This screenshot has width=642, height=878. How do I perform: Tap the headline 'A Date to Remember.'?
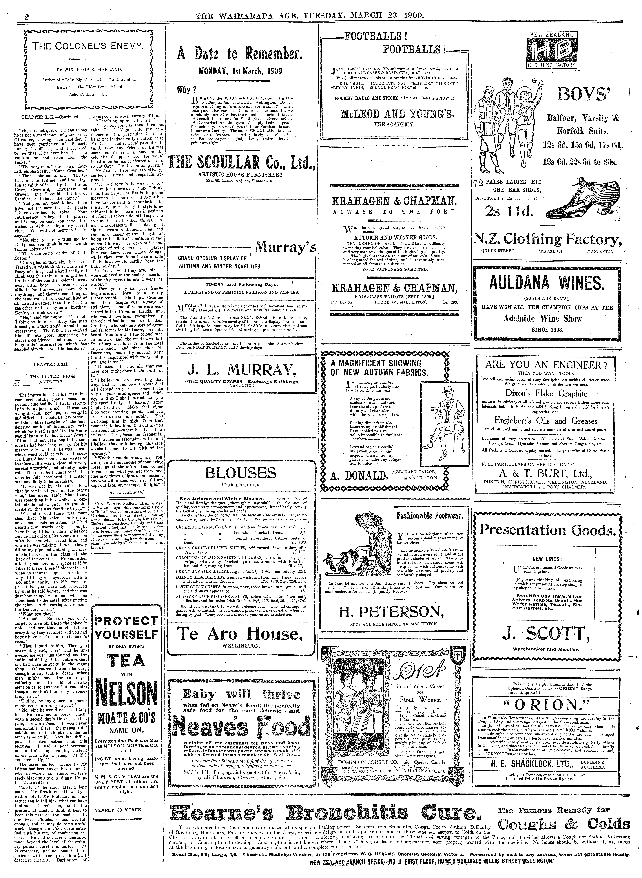pyautogui.click(x=240, y=54)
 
